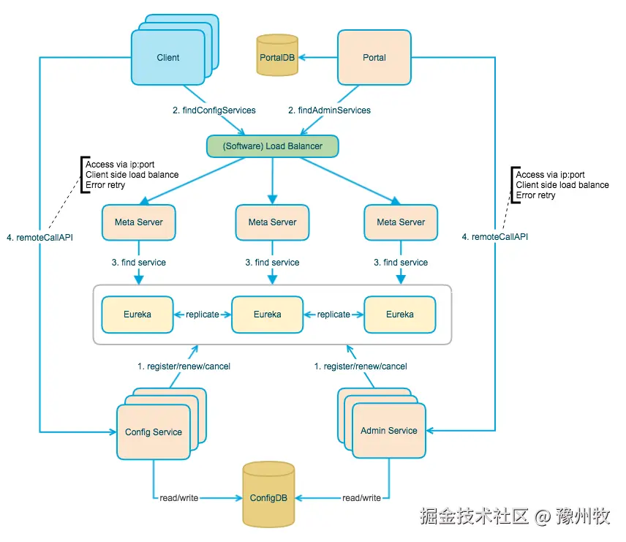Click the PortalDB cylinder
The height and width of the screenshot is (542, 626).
[x=277, y=56]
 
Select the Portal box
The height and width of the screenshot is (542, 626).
[x=374, y=58]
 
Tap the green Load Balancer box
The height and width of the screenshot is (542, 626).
[x=272, y=146]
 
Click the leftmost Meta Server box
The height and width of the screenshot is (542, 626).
[x=139, y=222]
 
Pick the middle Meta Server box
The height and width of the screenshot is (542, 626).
[x=272, y=222]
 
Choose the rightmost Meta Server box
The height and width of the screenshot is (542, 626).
[x=401, y=222]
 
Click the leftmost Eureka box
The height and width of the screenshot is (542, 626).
[x=137, y=314]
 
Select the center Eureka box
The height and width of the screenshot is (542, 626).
[x=267, y=314]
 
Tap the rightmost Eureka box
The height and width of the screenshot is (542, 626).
[x=400, y=314]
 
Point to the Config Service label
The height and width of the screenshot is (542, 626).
[x=154, y=432]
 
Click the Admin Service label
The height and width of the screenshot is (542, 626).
[x=389, y=431]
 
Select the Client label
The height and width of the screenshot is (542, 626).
[x=168, y=58]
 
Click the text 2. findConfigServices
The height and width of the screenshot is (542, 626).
[x=214, y=110]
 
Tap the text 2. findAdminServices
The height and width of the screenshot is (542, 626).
[x=329, y=110]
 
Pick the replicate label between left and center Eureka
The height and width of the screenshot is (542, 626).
[x=203, y=314]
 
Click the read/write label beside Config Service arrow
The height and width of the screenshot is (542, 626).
[x=178, y=498]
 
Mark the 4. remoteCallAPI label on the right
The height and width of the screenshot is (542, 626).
[x=495, y=237]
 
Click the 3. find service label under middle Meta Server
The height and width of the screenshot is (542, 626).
[x=272, y=262]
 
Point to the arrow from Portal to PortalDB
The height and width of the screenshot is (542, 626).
[x=317, y=58]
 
